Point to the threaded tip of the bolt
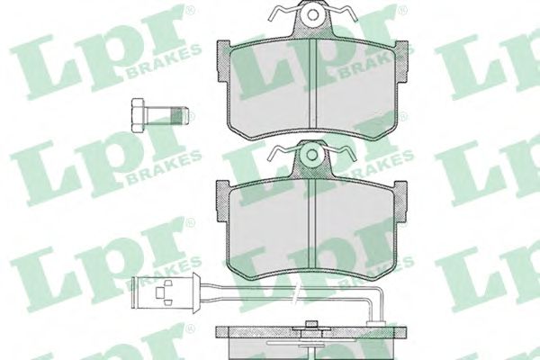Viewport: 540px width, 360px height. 186,115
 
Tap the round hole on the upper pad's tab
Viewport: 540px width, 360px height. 311,16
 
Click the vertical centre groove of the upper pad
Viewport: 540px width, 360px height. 310,85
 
